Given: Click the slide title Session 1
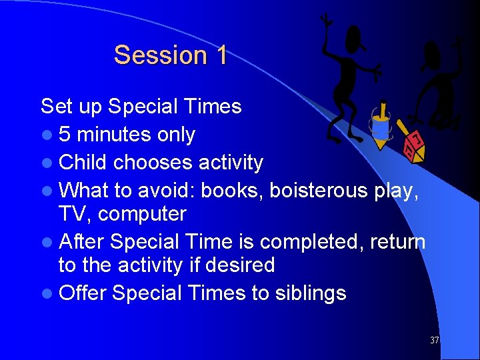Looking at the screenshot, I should point(170,55).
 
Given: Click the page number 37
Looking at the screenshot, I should point(434,340).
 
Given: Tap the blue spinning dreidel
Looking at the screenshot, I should point(382,126).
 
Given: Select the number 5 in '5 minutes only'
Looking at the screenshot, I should point(65,135).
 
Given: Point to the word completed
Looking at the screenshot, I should point(309,241).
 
